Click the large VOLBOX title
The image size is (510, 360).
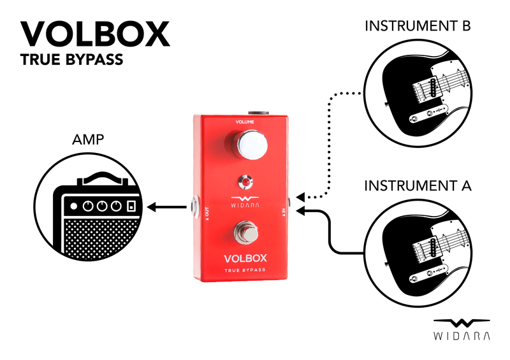pos(96,34)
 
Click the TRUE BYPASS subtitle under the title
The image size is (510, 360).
pos(71,62)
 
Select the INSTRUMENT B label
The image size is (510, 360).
pos(418,27)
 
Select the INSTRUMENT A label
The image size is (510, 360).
pos(418,186)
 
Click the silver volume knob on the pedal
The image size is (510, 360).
pos(253,145)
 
